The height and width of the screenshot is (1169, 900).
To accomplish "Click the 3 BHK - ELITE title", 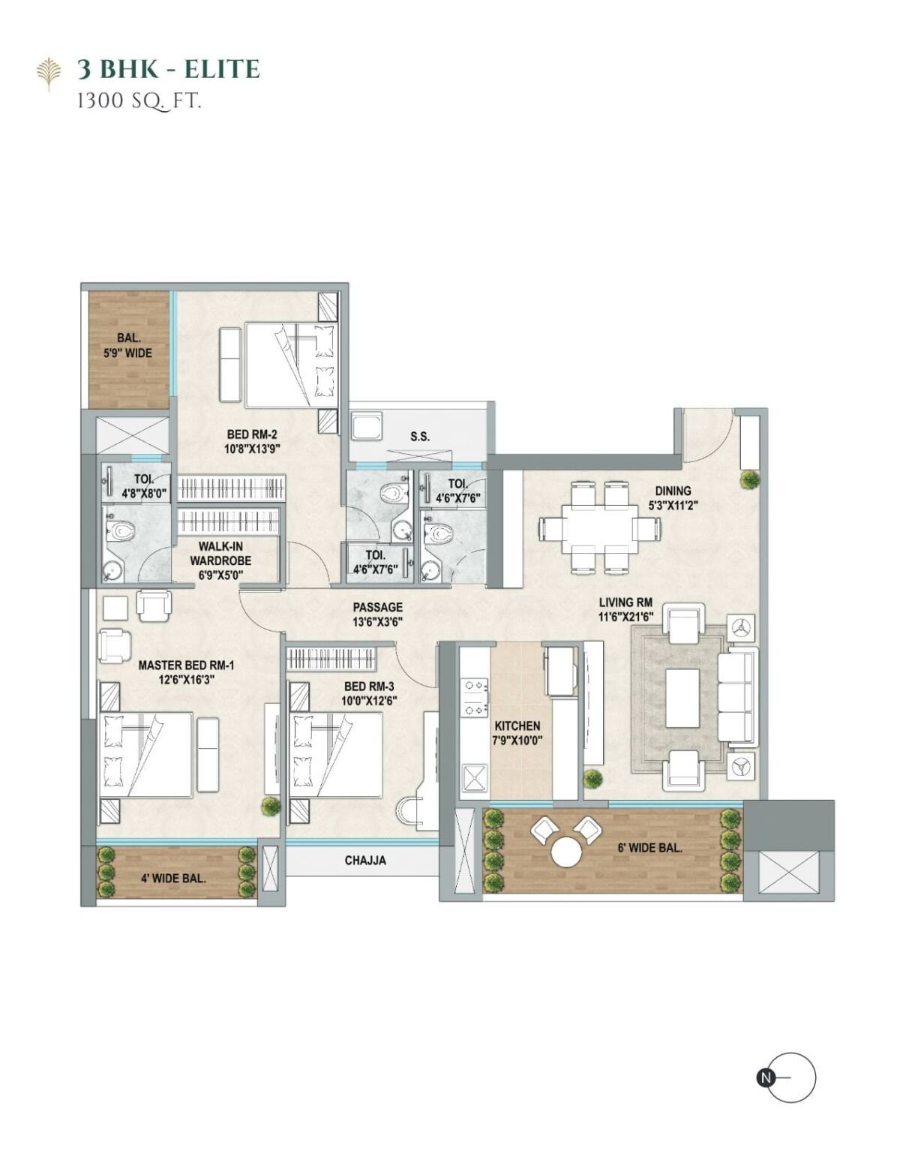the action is (168, 69).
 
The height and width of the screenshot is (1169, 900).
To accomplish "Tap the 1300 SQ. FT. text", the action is (139, 101).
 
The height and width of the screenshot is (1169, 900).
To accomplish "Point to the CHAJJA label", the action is (365, 860).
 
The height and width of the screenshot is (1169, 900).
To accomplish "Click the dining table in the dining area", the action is (599, 528).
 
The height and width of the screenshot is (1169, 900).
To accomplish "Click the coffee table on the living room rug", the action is (682, 698).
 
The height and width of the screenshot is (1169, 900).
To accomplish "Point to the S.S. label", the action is (420, 436).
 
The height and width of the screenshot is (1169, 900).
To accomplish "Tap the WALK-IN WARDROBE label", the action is (220, 553).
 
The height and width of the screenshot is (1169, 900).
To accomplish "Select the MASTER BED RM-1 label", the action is (186, 666).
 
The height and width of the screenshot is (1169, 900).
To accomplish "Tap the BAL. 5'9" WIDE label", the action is (128, 346).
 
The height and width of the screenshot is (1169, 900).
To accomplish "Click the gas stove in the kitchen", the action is (475, 699).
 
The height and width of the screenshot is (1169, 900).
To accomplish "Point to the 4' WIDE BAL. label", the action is (173, 879).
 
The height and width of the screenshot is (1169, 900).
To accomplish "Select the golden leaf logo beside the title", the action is (49, 74).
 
